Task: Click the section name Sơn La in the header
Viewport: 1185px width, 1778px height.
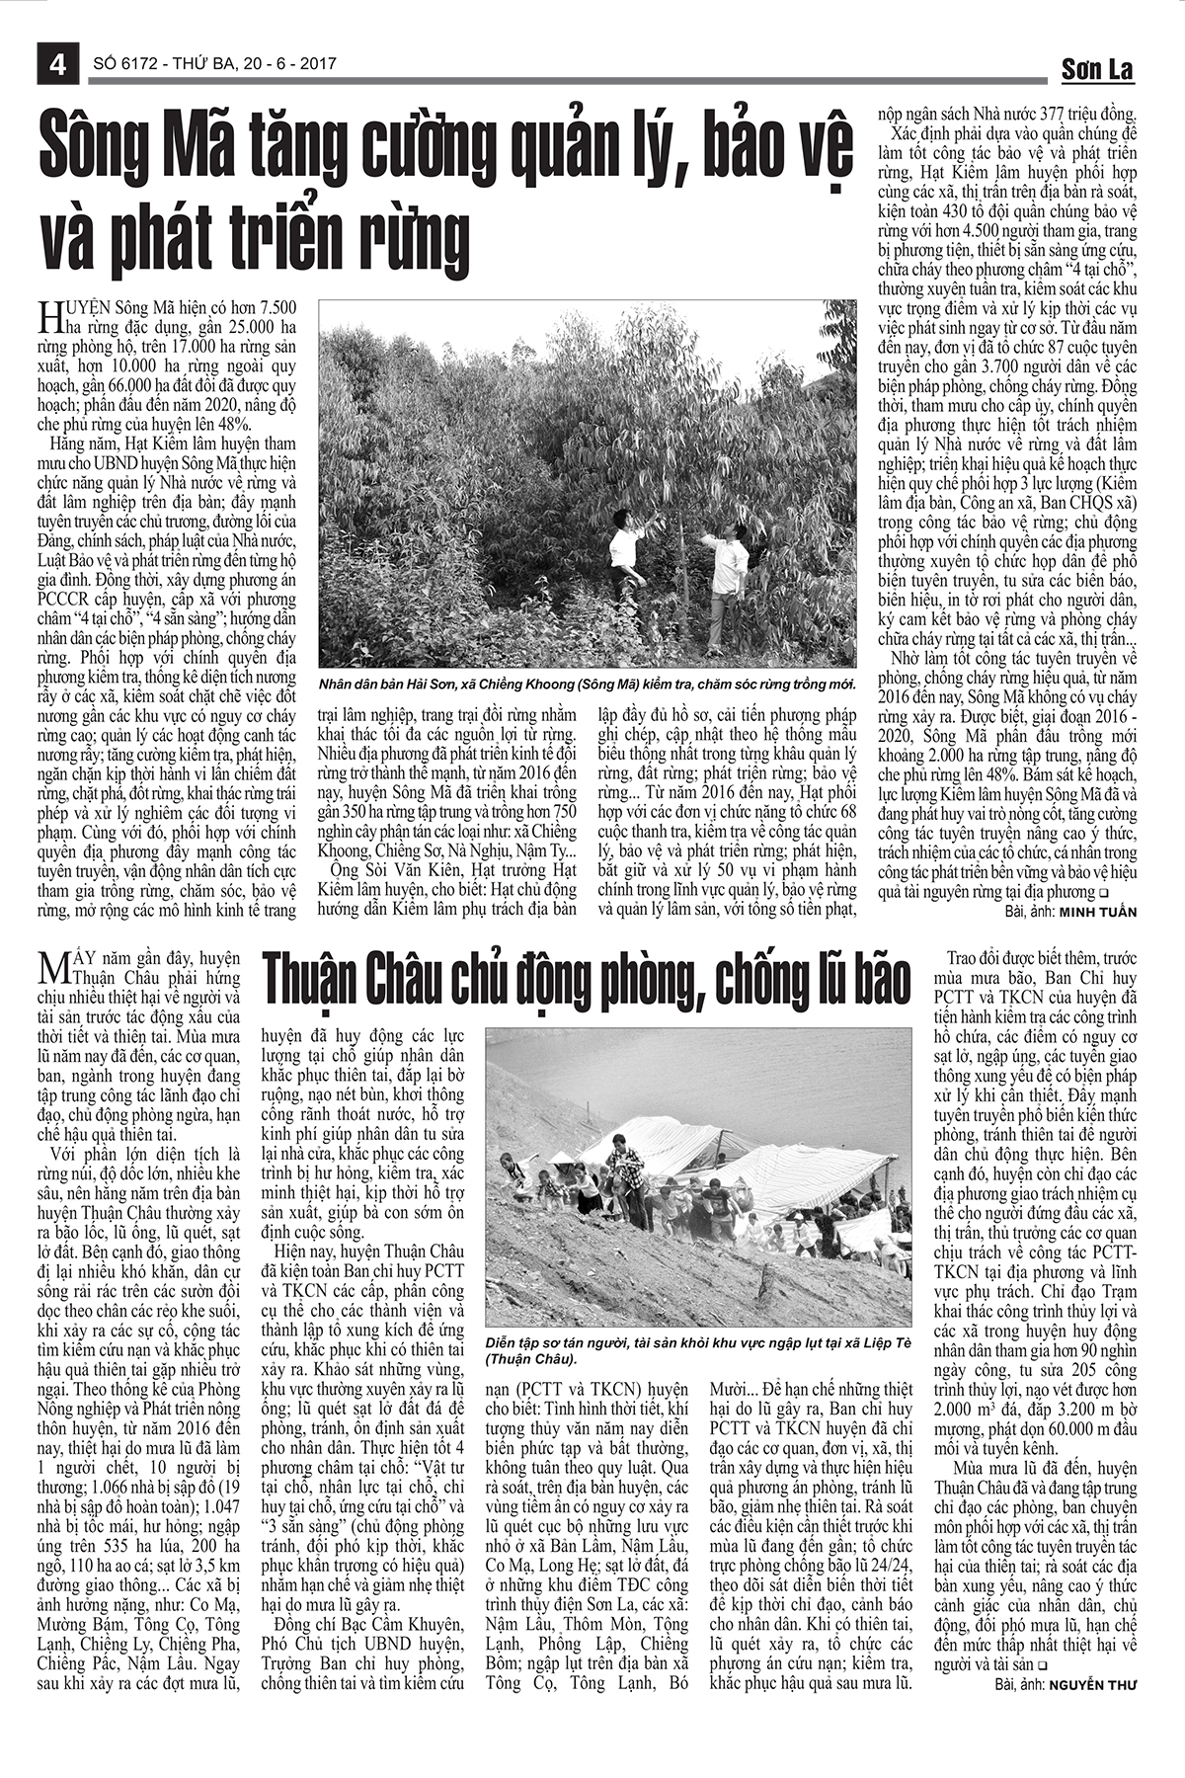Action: point(1097,69)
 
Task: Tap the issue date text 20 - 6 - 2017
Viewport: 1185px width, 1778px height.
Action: point(287,64)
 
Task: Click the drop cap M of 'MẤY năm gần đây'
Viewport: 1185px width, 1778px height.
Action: point(49,969)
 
